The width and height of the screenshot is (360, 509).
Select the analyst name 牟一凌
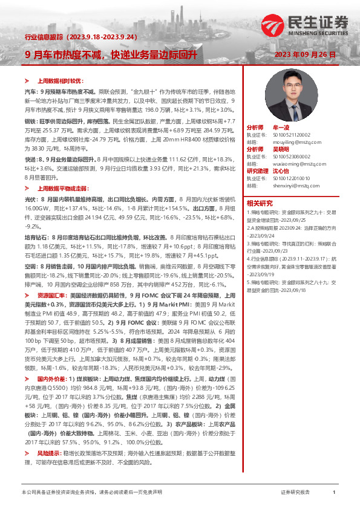pyautogui.click(x=280, y=129)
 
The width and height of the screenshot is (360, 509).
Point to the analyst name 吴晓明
pyautogui.click(x=280, y=148)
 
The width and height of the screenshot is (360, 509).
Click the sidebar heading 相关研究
pyautogui.click(x=259, y=203)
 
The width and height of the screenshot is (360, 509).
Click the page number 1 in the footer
pyautogui.click(x=334, y=493)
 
